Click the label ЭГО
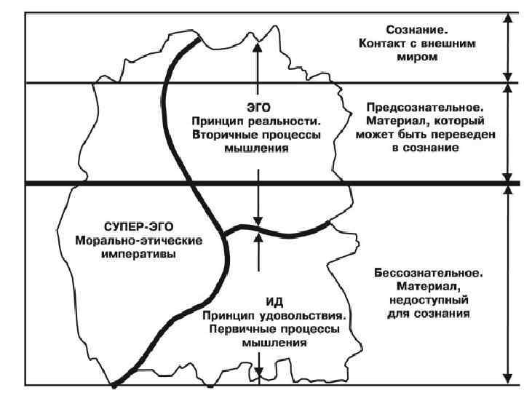click(x=255, y=106)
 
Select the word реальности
click(x=285, y=120)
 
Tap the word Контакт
click(x=383, y=44)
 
